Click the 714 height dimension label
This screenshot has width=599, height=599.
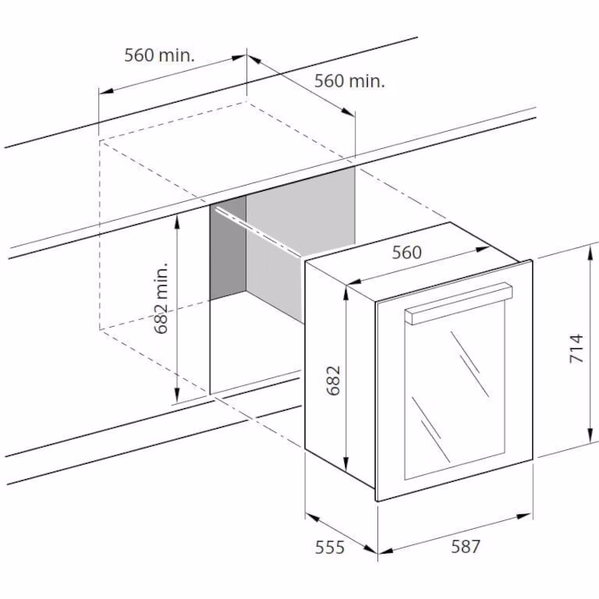[x=577, y=348]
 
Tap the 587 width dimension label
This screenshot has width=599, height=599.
[x=466, y=546]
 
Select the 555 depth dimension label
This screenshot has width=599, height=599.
[x=329, y=548]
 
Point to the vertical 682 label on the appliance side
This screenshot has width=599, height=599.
[x=334, y=381]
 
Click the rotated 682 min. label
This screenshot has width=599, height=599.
[x=162, y=298]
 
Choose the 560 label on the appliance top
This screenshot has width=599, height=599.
[x=406, y=252]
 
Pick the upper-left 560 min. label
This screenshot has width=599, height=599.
[x=159, y=55]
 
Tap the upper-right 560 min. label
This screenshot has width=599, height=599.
[x=349, y=80]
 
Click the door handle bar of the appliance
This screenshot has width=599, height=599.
[x=459, y=304]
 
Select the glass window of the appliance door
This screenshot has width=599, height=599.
[x=454, y=389]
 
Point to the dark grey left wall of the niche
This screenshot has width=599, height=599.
[x=228, y=248]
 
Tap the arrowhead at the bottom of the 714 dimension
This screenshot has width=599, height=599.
[x=590, y=435]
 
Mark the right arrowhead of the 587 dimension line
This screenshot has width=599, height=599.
[x=524, y=517]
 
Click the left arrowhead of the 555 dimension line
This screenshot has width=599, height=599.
[x=313, y=518]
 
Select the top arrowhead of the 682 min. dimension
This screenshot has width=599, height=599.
[x=177, y=222]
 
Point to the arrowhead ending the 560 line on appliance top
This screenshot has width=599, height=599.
[x=482, y=249]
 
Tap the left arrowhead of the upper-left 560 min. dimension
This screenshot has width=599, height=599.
[x=107, y=91]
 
